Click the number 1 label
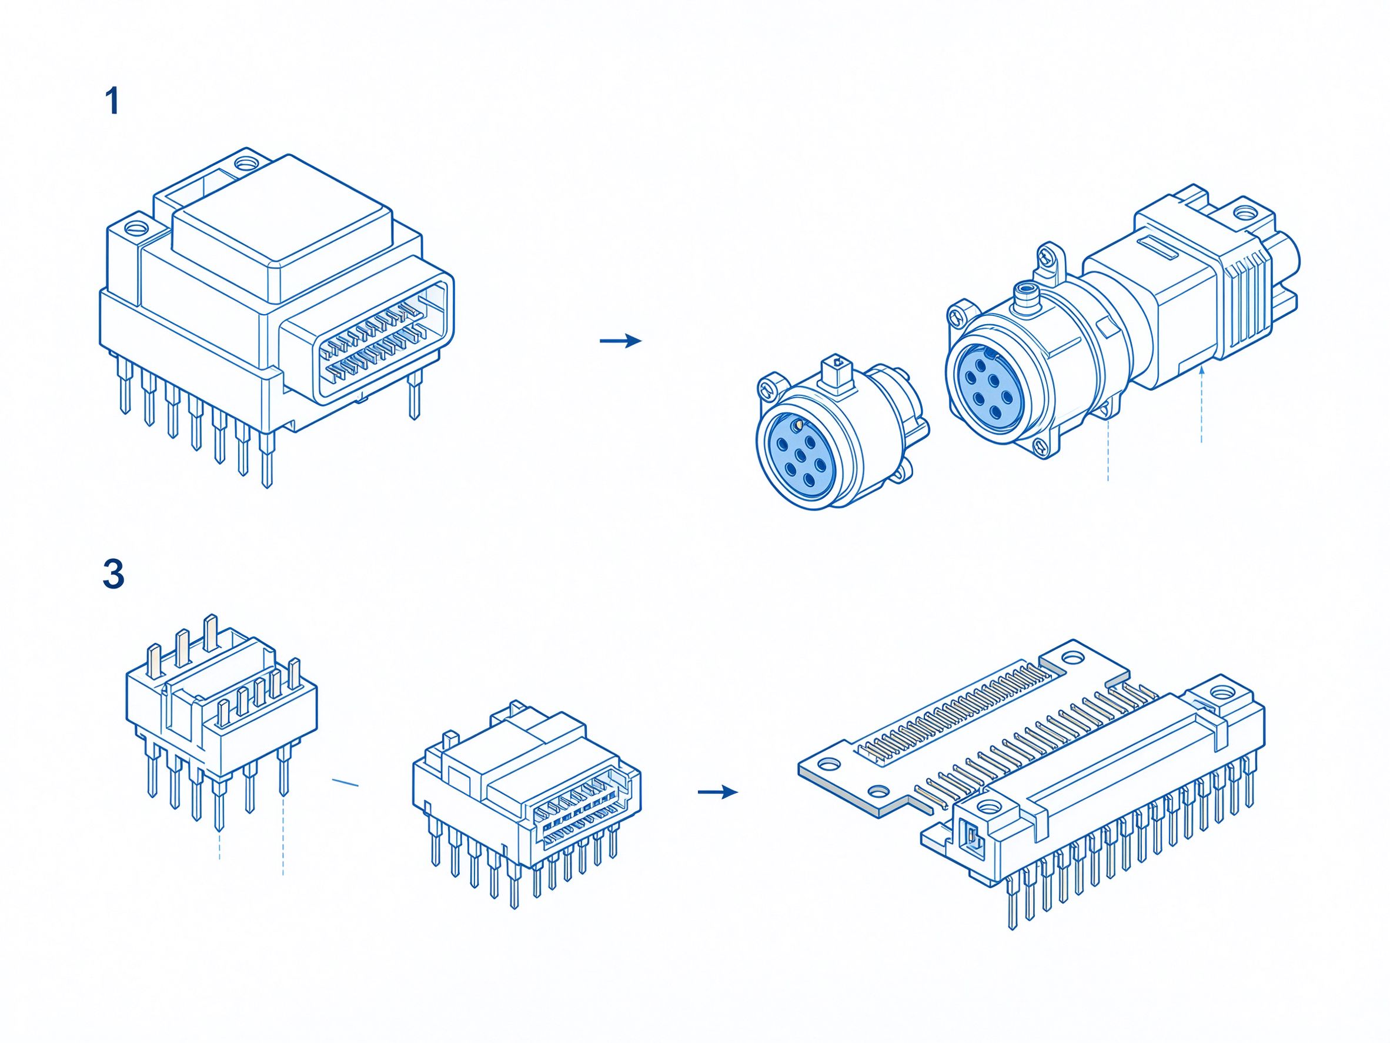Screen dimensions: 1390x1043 pyautogui.click(x=112, y=101)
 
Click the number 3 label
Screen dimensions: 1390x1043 pyautogui.click(x=113, y=574)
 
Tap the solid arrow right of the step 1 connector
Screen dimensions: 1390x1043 pyautogui.click(x=621, y=341)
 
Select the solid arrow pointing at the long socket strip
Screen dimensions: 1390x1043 pyautogui.click(x=717, y=792)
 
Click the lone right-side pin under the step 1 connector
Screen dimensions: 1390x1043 pyautogui.click(x=414, y=394)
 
